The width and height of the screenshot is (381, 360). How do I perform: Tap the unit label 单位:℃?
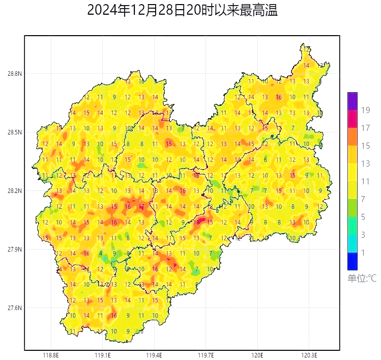[x=362, y=279]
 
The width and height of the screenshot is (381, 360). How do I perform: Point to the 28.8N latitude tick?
[x=14, y=74]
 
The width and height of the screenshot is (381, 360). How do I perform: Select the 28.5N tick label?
[x=14, y=132]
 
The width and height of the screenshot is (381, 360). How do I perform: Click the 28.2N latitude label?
[x=14, y=191]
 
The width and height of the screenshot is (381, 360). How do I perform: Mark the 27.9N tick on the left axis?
[x=14, y=250]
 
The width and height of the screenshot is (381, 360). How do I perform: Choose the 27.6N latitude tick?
[x=14, y=308]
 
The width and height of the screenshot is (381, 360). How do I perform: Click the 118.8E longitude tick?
[x=51, y=355]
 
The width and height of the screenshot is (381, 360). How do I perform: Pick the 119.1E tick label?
[x=103, y=355]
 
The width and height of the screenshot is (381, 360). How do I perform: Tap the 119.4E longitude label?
[x=154, y=355]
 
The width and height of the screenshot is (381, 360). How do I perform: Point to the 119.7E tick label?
[x=206, y=355]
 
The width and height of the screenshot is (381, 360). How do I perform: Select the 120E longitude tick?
[x=257, y=355]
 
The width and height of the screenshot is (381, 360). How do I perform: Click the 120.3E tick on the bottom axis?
[x=309, y=355]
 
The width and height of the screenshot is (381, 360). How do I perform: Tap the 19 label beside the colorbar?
[x=365, y=110]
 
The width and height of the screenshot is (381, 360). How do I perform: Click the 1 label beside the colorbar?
[x=363, y=253]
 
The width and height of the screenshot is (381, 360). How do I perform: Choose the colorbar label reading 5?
[x=363, y=217]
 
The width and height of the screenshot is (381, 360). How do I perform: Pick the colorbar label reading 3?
[x=363, y=235]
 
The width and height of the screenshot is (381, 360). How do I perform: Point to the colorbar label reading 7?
[x=363, y=199]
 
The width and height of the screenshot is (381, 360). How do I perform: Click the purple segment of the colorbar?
[x=353, y=101]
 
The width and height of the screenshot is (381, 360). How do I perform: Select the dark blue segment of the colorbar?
[x=353, y=261]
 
